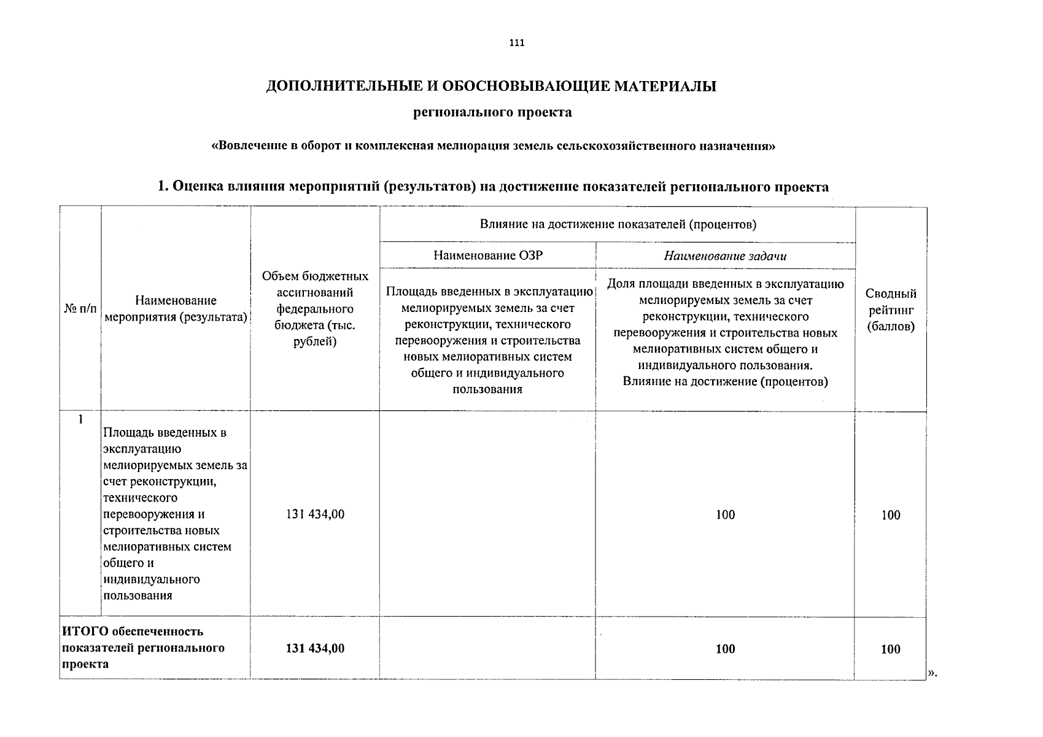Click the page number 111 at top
point(517,43)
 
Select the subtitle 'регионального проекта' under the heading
point(493,112)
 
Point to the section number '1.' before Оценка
point(163,187)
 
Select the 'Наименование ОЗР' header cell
point(487,255)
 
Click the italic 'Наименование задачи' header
point(725,256)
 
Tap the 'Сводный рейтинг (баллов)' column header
point(891,310)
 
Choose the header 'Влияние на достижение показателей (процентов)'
point(618,224)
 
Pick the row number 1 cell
point(80,420)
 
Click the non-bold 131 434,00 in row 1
point(315,515)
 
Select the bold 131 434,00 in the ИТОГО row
point(315,649)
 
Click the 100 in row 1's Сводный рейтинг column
point(891,515)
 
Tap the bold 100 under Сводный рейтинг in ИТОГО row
point(891,649)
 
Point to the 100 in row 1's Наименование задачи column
point(725,515)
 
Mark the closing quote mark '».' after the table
point(933,674)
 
